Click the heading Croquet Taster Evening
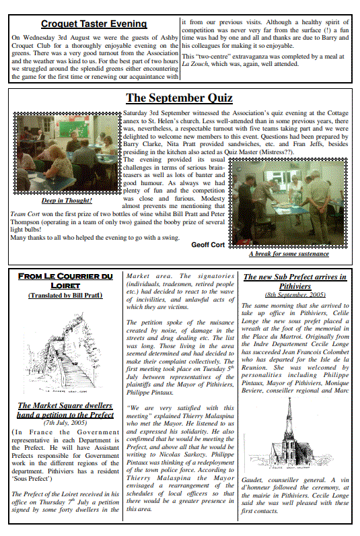93,25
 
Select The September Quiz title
179,98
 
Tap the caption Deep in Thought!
67,200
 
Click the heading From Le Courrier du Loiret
65,281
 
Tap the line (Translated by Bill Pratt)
65,295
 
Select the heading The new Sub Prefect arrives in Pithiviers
295,281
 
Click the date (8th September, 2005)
295,295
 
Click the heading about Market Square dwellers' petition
65,410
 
